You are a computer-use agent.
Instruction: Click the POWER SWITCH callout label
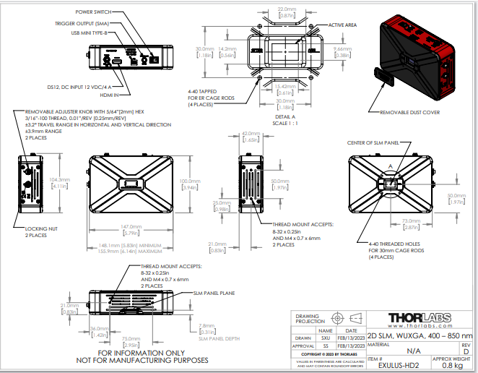pyautogui.click(x=94, y=12)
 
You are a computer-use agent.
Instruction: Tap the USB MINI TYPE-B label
pyautogui.click(x=90, y=33)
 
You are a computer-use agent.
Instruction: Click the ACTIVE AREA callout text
pyautogui.click(x=344, y=25)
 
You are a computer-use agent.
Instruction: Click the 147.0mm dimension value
pyautogui.click(x=130, y=225)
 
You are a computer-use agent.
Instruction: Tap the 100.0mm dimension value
pyautogui.click(x=189, y=181)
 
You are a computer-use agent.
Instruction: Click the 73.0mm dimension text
pyautogui.click(x=411, y=220)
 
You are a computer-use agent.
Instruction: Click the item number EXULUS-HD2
pyautogui.click(x=398, y=366)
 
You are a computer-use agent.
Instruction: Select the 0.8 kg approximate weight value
pyautogui.click(x=453, y=366)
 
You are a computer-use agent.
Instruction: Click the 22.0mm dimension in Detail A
pyautogui.click(x=287, y=9)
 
